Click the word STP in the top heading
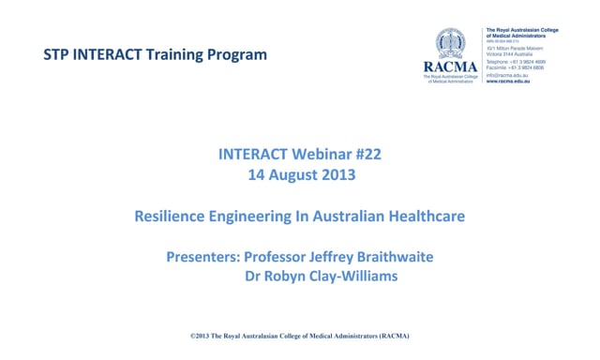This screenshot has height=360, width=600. click(57, 54)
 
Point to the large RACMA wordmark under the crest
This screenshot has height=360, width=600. click(451, 67)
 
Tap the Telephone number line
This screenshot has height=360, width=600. click(516, 61)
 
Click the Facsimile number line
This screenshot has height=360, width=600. click(516, 67)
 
